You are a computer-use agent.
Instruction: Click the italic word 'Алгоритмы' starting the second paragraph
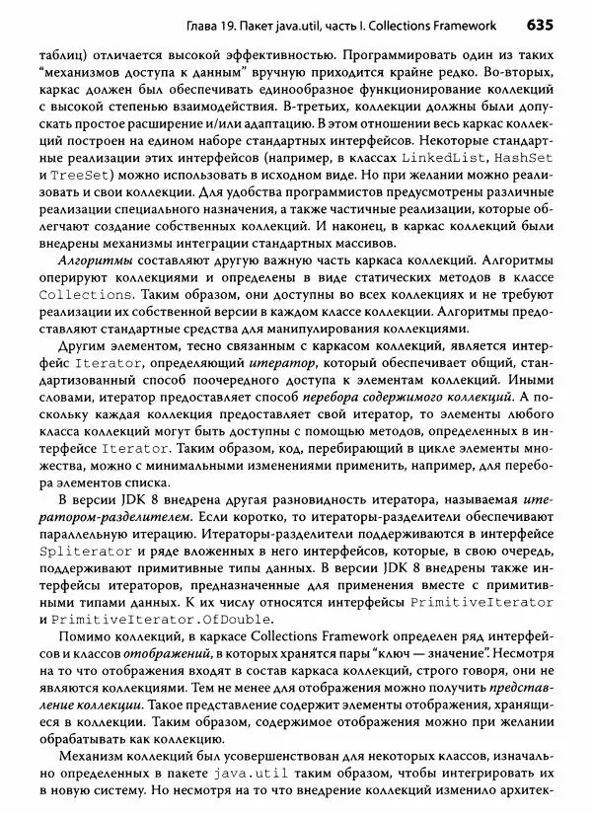click(91, 263)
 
